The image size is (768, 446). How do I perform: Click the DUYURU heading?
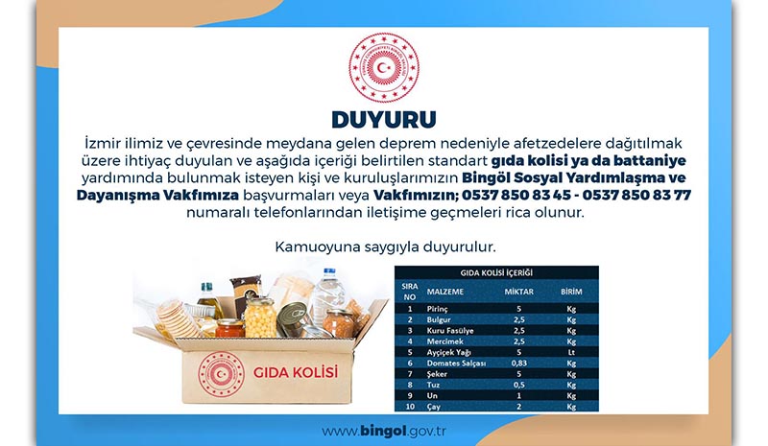pos(383,119)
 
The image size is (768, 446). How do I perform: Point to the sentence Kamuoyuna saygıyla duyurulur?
pos(383,246)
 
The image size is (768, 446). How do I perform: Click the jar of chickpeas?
pos(260,317)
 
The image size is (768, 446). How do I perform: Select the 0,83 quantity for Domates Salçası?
pos(518,364)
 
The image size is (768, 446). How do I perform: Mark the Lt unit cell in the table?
pos(570,350)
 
